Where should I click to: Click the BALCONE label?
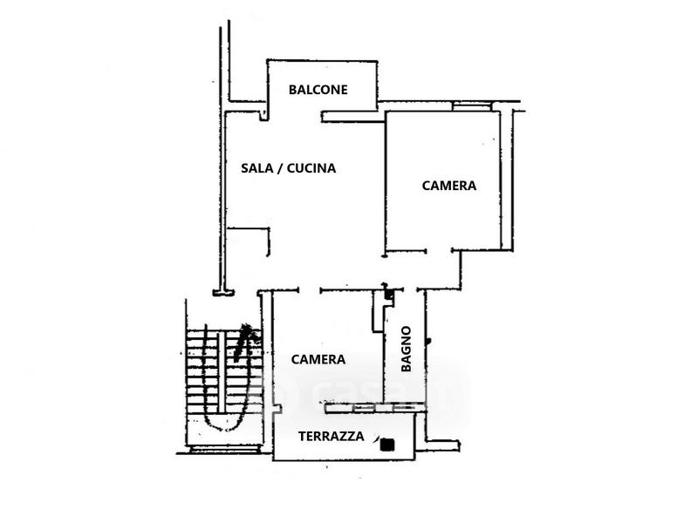coord(318,90)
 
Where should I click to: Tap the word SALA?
coord(257,168)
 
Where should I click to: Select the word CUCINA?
coord(311,168)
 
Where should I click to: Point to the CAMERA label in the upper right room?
coord(448,186)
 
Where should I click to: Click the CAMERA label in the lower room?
coord(318,359)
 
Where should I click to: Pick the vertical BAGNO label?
coord(406,349)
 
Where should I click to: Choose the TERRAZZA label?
coord(332,437)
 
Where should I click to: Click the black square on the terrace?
coord(387,445)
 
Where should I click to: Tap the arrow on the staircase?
coord(243,342)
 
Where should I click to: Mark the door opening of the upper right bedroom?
coord(439,251)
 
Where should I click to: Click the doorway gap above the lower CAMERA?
coord(310,290)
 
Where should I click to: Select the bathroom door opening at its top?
coord(409,290)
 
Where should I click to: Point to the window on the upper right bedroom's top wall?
coord(472,105)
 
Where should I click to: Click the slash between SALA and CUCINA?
coord(279,168)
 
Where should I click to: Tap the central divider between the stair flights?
coord(221,373)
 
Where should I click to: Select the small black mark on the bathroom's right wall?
coord(428,342)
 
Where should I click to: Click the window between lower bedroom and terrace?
coord(374,407)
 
